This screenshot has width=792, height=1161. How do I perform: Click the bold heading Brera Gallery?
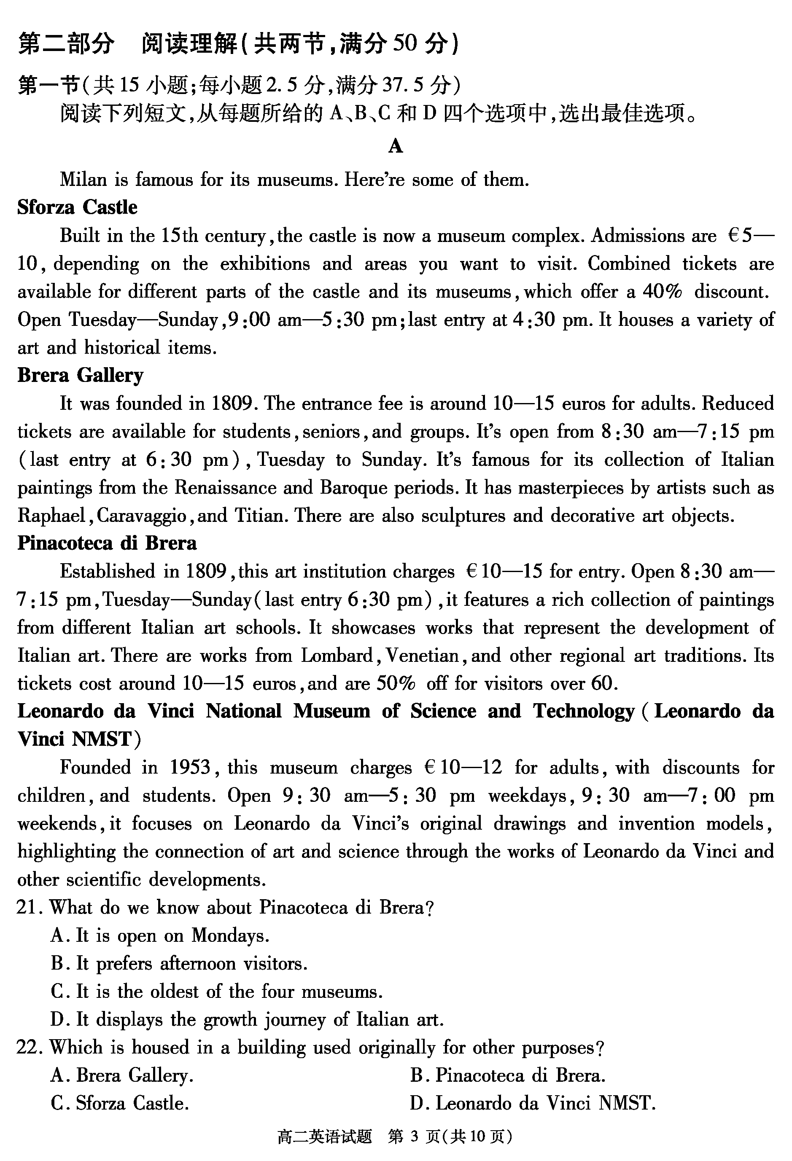tap(80, 375)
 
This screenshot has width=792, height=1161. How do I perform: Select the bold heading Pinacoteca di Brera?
tap(107, 543)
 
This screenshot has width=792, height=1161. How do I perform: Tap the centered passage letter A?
tap(395, 146)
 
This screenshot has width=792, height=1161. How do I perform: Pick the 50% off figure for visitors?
tap(396, 683)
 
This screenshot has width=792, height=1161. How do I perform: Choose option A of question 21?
tap(160, 935)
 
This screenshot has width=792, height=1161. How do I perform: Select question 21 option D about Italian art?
tap(247, 1019)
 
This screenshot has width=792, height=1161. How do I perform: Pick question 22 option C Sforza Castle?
tap(120, 1103)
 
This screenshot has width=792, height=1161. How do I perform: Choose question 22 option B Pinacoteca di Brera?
tap(508, 1075)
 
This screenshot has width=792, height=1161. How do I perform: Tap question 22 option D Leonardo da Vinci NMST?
tap(533, 1103)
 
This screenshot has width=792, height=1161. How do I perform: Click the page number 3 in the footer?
tap(413, 1137)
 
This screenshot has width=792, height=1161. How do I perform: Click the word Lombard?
tap(337, 656)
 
